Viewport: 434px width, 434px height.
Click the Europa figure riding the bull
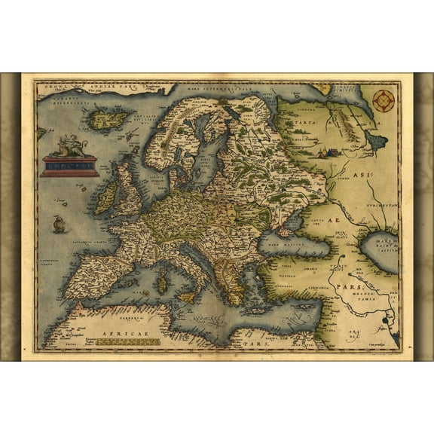pyautogui.click(x=69, y=145)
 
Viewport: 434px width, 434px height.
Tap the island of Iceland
pyautogui.click(x=111, y=118)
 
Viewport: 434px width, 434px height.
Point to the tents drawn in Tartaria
pyautogui.click(x=325, y=153)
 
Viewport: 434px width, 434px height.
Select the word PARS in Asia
pyautogui.click(x=354, y=289)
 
